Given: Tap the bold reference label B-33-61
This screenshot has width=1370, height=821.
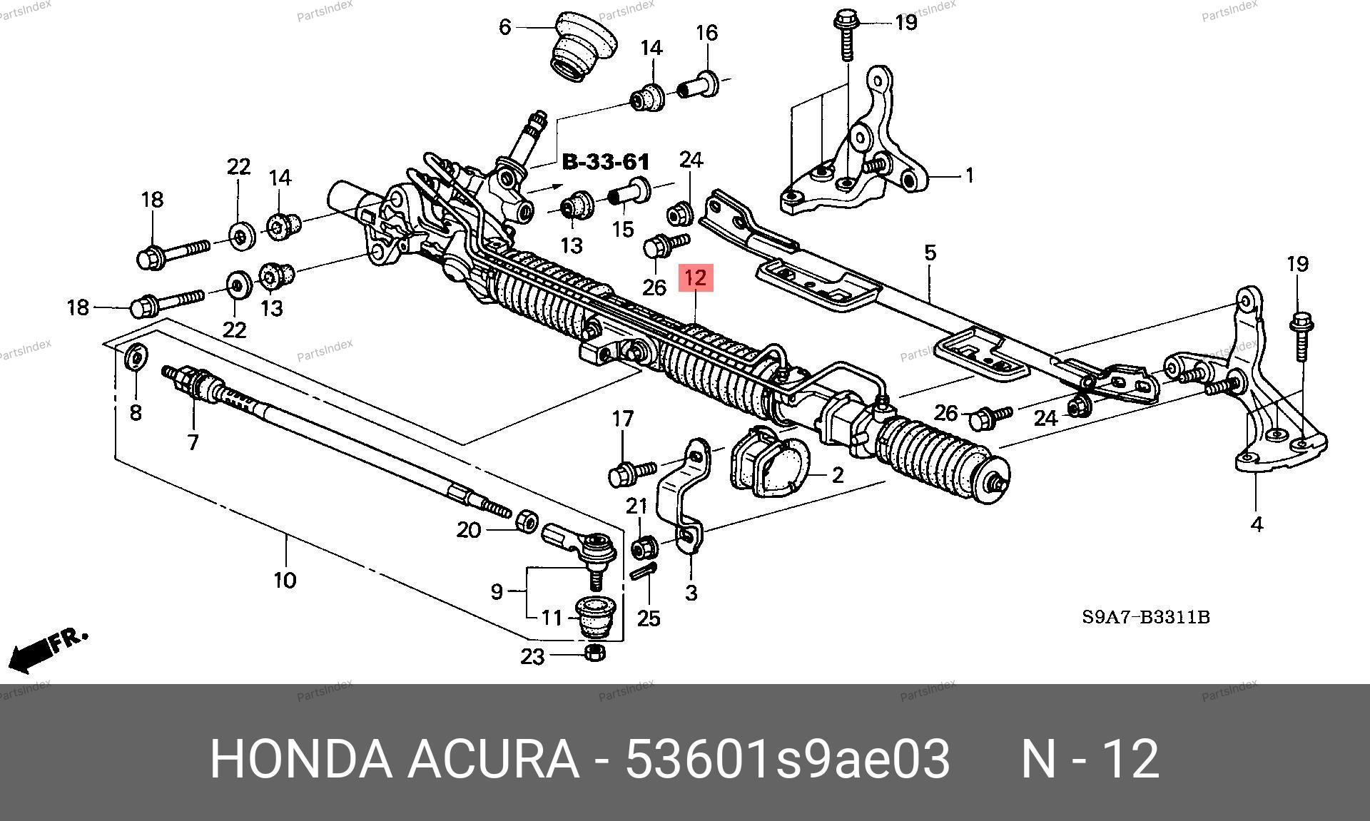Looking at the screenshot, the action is (606, 162).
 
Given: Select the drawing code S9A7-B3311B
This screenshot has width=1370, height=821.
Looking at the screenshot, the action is (1146, 617).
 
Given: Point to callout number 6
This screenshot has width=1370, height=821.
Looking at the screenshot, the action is (505, 27).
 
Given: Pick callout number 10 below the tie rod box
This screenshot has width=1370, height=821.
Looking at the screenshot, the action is (285, 579).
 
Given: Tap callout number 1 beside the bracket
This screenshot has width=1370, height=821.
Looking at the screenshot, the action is (969, 175).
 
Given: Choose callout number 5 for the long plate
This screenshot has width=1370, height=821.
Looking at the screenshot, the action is (930, 253).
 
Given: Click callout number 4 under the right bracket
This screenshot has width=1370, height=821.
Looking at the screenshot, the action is (1257, 524).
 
